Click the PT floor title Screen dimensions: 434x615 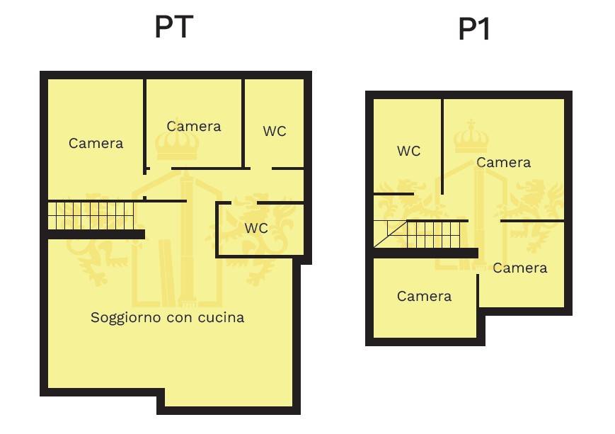coord(174,27)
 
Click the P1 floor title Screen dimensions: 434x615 coord(473,30)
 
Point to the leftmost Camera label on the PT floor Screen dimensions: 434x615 coord(96,143)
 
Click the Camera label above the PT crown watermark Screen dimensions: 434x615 coord(194,126)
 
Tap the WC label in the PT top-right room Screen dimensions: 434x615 coord(275,131)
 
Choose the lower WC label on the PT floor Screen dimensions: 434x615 coord(256,228)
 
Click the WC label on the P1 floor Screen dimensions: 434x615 coord(408,151)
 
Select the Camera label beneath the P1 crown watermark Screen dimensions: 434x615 coord(503,162)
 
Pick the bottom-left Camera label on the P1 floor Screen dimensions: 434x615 coord(424,296)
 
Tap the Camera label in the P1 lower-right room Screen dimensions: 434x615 coord(519,268)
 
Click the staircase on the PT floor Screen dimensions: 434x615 coord(91,215)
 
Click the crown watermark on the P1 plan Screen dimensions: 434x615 coord(471,137)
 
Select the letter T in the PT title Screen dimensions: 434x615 coord(183,27)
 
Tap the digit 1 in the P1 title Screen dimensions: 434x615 coord(483,30)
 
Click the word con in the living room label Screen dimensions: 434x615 coord(180,318)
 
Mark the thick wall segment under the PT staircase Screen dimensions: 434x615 coord(96,234)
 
